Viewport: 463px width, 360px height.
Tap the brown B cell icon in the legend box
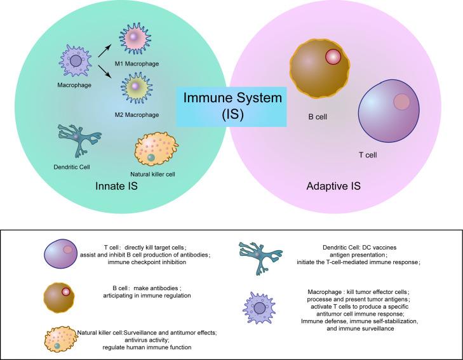tap(58, 295)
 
